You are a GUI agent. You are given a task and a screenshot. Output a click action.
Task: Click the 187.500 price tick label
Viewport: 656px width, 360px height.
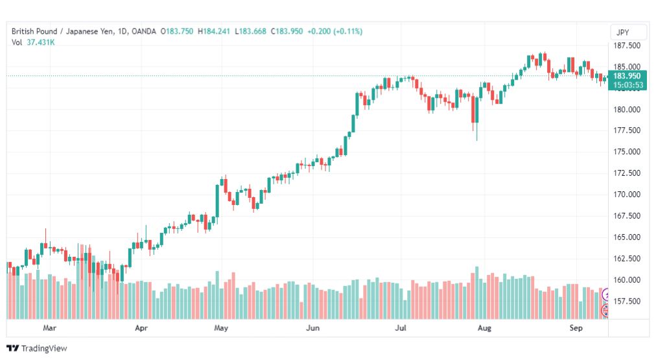click(x=627, y=45)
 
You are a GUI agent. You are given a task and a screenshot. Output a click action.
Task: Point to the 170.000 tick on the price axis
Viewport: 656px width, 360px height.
click(x=627, y=194)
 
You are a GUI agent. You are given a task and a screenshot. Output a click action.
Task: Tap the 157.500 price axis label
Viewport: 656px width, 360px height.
click(x=627, y=301)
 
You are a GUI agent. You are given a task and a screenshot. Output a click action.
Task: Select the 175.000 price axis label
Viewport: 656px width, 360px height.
click(x=627, y=152)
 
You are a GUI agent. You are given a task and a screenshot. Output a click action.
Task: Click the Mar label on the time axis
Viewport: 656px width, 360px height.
click(x=49, y=328)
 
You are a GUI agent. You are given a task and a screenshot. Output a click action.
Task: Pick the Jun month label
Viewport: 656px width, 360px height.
click(x=312, y=328)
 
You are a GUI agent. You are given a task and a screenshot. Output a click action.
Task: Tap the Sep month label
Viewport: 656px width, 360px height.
click(x=576, y=328)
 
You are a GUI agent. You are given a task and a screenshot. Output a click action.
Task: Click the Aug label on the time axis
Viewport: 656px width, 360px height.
click(x=484, y=328)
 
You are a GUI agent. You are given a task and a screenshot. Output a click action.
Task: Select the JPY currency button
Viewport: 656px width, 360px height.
click(x=622, y=32)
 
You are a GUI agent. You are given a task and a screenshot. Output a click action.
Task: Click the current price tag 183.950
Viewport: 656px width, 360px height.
click(x=627, y=76)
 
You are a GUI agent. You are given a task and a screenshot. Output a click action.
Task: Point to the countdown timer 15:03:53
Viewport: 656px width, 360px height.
click(x=628, y=85)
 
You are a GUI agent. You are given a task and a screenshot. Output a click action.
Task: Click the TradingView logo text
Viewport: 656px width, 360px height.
click(x=44, y=348)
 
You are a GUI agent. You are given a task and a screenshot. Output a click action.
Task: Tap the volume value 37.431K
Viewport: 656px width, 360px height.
click(x=41, y=42)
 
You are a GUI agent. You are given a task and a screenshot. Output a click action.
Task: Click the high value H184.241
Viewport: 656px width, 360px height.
click(x=214, y=31)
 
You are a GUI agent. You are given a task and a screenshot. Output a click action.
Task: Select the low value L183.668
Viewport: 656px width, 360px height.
click(x=250, y=31)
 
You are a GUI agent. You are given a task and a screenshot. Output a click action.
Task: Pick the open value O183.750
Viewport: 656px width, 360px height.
click(x=177, y=31)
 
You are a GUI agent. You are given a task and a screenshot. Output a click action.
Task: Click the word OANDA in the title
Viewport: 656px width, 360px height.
click(x=143, y=31)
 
